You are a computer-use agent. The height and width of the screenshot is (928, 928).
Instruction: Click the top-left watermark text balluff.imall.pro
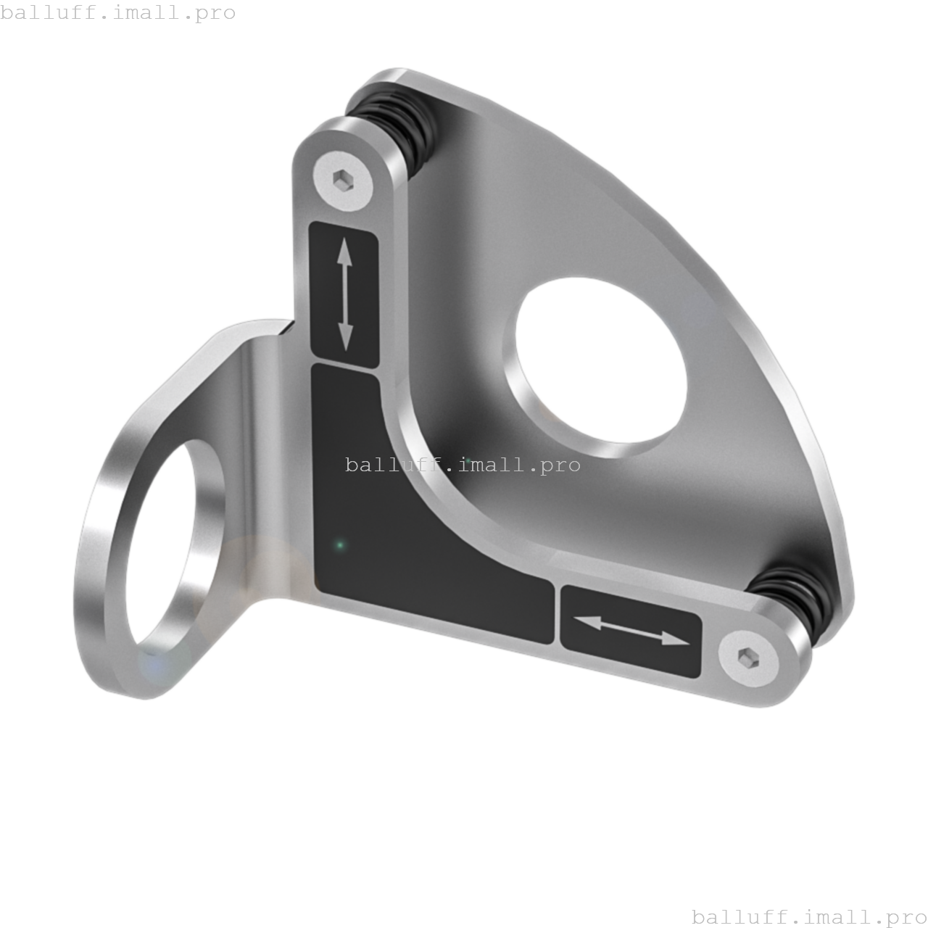tap(118, 13)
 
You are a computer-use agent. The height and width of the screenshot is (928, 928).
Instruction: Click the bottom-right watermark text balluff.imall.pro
tap(809, 917)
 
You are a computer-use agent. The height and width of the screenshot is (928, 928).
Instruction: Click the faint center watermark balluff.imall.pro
tap(463, 465)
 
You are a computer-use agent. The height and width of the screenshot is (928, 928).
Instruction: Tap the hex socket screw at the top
tap(343, 178)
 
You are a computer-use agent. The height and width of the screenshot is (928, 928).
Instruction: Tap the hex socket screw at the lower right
tap(747, 658)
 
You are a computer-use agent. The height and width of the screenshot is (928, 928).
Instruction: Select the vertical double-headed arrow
tap(345, 296)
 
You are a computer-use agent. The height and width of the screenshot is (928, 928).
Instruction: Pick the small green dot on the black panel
tap(339, 544)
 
